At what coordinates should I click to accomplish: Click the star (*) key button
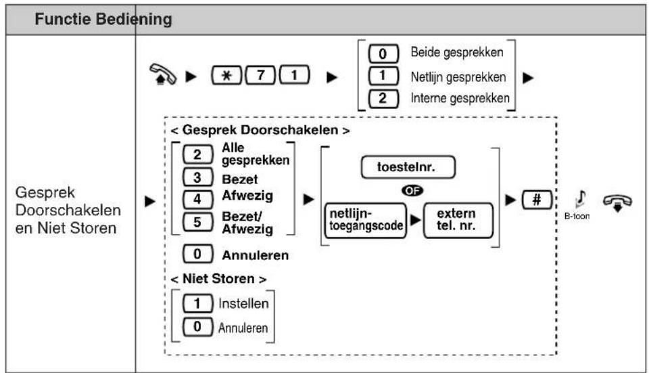(226, 75)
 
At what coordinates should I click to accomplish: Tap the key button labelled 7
(260, 75)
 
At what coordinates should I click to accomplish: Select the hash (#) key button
(537, 200)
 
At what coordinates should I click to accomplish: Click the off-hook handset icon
(163, 74)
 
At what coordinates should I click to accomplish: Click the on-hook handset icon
(617, 202)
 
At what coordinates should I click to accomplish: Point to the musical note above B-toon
(581, 199)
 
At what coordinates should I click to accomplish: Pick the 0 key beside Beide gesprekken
(383, 54)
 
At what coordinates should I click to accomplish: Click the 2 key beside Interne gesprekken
(383, 99)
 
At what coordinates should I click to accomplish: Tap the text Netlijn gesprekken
(458, 77)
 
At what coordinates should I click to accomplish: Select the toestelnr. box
(408, 167)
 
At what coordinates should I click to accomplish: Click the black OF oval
(412, 191)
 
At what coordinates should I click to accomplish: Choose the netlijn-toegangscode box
(366, 221)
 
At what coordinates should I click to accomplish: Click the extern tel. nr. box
(458, 221)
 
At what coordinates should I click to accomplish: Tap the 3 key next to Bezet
(198, 178)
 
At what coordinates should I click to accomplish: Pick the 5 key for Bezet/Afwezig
(198, 222)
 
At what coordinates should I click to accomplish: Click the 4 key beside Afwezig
(198, 199)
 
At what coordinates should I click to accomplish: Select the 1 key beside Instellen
(198, 303)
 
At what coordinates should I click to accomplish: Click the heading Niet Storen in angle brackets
(218, 279)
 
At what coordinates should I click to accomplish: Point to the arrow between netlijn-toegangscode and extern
(415, 221)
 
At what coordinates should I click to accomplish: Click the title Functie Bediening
(103, 19)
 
